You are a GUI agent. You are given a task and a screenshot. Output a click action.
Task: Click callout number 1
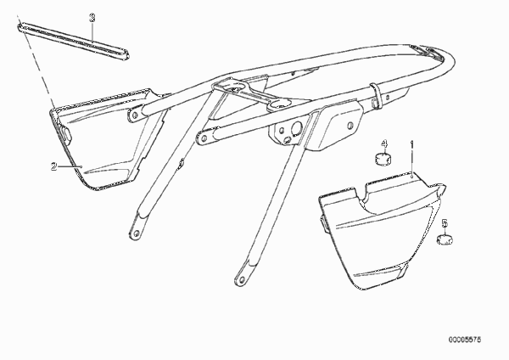(412, 144)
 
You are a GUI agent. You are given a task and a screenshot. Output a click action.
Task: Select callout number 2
(54, 166)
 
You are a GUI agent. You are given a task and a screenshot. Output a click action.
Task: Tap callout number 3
(92, 18)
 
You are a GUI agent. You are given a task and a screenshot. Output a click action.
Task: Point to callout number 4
(384, 143)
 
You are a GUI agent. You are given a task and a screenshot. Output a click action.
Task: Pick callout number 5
(445, 223)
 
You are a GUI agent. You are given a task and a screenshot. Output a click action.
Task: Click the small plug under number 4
(383, 159)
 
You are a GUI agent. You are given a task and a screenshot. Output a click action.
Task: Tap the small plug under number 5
(445, 239)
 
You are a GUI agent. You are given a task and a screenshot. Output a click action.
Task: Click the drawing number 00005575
(465, 340)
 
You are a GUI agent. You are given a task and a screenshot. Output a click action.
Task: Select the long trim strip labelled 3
(73, 41)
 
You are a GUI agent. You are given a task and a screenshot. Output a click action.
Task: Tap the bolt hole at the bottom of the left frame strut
(137, 233)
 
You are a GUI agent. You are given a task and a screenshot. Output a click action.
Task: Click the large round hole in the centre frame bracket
(297, 127)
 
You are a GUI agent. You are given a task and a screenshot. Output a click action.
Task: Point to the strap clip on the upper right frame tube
(375, 95)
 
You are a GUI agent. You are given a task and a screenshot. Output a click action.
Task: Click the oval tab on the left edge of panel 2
(65, 134)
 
